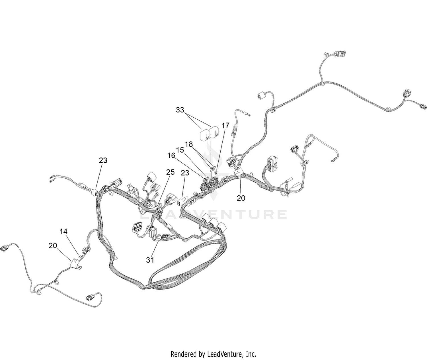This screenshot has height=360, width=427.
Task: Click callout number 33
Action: (180, 110)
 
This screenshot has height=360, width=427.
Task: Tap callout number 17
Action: (225, 125)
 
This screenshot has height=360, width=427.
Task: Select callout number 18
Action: (189, 144)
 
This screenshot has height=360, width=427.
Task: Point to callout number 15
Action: (180, 150)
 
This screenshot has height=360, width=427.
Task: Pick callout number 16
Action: (171, 156)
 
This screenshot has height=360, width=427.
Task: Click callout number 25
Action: (170, 172)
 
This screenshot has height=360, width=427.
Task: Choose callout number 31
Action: (150, 260)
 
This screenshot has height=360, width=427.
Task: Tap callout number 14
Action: (63, 232)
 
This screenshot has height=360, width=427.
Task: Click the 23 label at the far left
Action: (103, 160)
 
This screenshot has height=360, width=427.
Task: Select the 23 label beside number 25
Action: (185, 173)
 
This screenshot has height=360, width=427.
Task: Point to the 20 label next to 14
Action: (53, 246)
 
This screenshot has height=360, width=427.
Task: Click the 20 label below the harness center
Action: (241, 198)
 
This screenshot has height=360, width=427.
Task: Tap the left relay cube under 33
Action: (204, 135)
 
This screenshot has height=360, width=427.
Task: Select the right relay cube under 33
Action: (213, 133)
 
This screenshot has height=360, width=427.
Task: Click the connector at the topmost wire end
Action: (401, 54)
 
